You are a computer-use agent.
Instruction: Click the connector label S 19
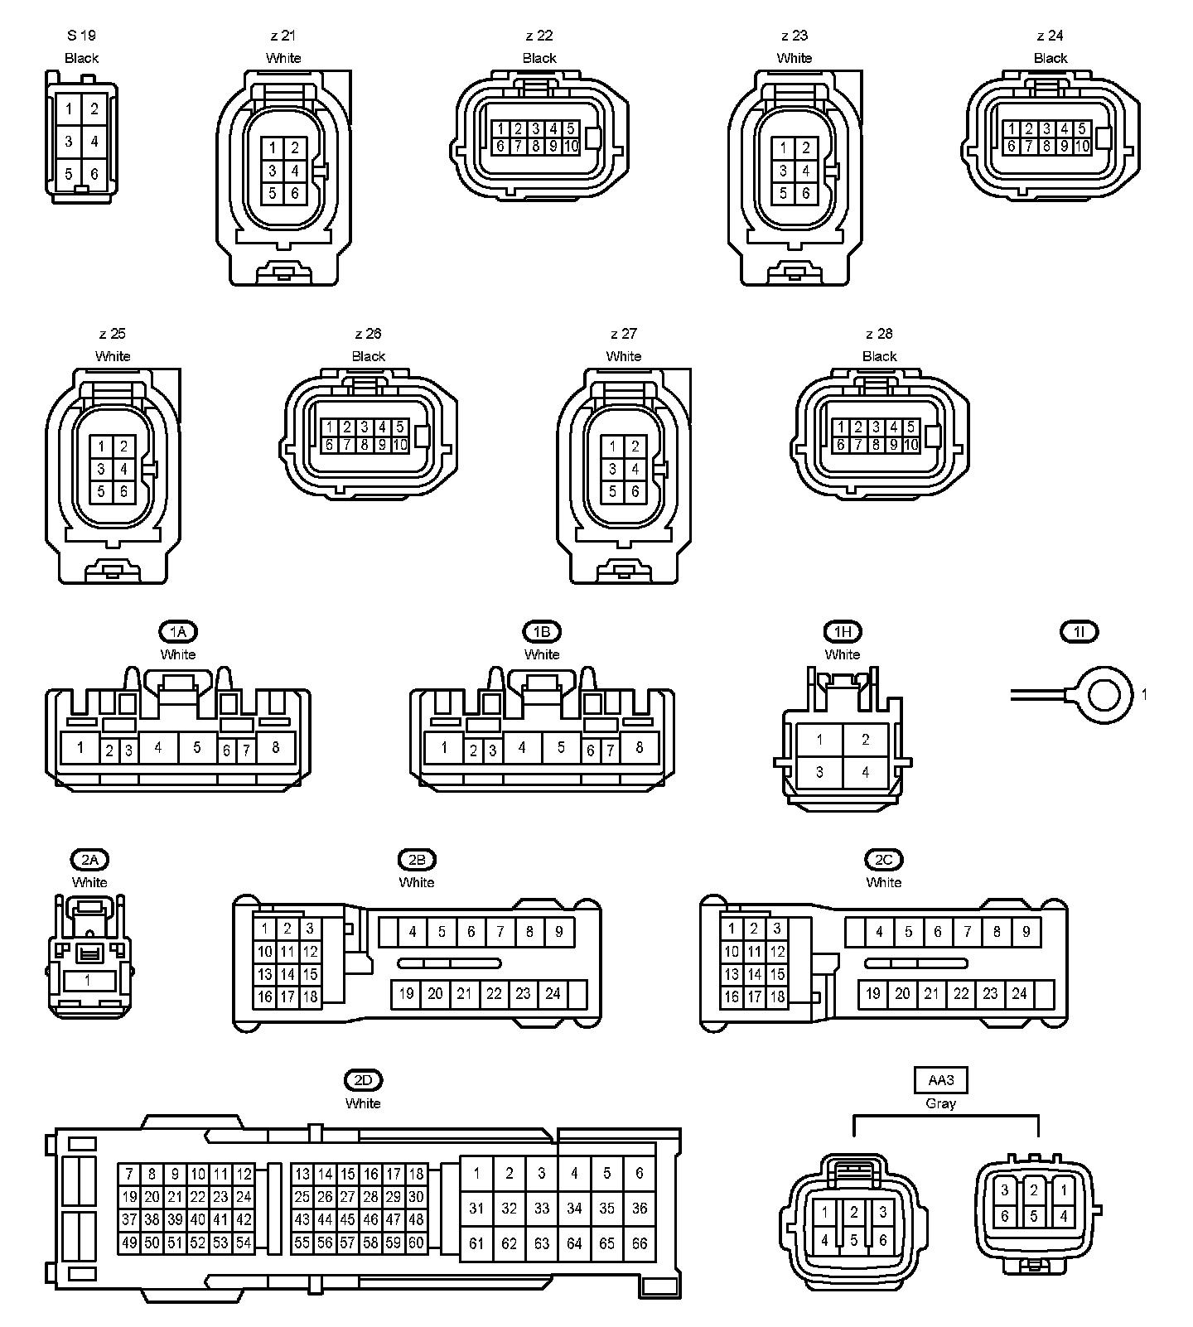pos(81,36)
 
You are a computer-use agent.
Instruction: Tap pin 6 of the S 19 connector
pos(94,174)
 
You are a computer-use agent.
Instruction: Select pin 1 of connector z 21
pos(273,149)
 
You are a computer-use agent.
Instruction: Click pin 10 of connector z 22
pos(571,147)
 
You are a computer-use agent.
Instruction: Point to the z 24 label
pos(1050,36)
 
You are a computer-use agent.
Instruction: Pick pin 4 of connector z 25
pos(123,470)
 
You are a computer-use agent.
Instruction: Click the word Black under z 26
pos(369,356)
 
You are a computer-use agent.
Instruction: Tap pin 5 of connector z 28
pos(910,427)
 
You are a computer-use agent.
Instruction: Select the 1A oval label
pos(178,632)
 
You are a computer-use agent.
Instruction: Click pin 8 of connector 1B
pos(639,747)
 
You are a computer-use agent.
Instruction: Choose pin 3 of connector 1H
pos(819,772)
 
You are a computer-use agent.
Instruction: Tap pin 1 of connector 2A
pos(88,981)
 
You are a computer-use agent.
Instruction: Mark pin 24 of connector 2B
pos(553,994)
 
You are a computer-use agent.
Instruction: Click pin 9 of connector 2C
pos(1026,932)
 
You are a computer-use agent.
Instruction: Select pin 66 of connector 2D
pos(639,1243)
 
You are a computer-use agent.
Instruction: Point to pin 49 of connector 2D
pos(129,1243)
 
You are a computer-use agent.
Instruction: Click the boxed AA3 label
pos(940,1080)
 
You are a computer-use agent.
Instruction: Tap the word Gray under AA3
pos(940,1103)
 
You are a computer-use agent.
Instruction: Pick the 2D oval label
pos(363,1080)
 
